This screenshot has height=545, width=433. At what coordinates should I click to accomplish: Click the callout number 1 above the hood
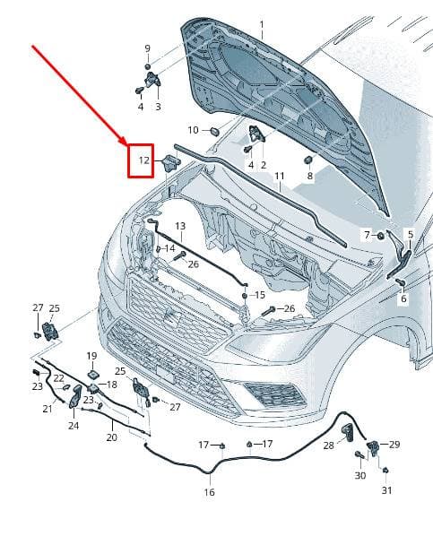pos(262,25)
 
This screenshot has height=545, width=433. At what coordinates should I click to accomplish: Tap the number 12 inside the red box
pos(143,160)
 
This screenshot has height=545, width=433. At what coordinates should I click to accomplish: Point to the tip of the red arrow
pos(127,144)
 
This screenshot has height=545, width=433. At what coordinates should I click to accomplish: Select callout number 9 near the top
pos(147,48)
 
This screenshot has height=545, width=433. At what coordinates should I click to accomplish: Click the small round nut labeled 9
pos(147,66)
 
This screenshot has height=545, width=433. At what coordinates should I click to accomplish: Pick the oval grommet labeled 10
pos(215,132)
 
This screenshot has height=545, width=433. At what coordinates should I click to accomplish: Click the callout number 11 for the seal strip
pos(280,176)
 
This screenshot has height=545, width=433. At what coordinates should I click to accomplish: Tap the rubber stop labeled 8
pos(308,160)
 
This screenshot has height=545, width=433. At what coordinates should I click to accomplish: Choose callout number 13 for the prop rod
pos(180,226)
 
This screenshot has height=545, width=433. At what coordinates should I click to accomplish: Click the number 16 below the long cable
pos(209,492)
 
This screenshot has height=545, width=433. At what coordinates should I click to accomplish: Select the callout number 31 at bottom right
pos(386,490)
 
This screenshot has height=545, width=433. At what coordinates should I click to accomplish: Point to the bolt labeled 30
pos(359,454)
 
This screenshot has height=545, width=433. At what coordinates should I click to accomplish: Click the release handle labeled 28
pos(348,432)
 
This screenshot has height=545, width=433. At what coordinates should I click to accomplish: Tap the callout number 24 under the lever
pos(74,426)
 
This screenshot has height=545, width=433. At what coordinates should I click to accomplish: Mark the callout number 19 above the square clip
pos(91,356)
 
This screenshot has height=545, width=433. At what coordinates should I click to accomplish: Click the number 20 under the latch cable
pos(111,437)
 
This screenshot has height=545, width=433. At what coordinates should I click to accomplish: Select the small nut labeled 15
pos(245,296)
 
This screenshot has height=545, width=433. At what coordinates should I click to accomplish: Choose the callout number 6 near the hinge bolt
pos(403,298)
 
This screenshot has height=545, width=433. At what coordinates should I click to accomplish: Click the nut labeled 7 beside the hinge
pos(380,236)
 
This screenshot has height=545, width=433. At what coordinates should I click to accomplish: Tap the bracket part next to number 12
pos(171,162)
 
